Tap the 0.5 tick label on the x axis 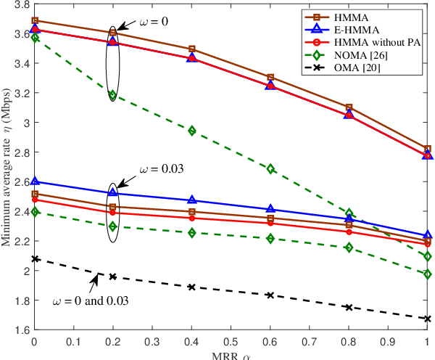point(231,340)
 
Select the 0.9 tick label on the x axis point(389,340)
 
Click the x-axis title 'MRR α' point(231,355)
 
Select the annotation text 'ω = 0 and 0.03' point(91,300)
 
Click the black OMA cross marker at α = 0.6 point(270,295)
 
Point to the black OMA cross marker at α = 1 point(428,319)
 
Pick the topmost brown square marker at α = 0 point(34,21)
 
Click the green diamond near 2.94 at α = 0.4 point(191,131)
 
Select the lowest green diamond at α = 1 point(428,274)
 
